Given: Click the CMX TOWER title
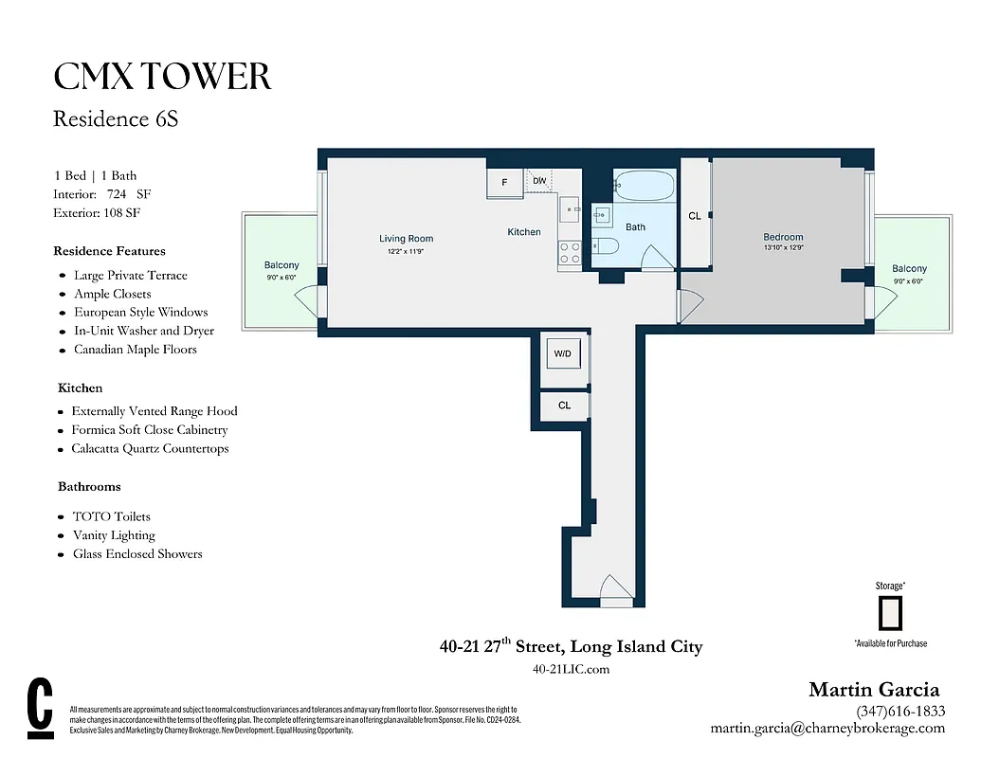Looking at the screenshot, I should tap(162, 77).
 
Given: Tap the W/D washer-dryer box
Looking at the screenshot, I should tap(563, 354).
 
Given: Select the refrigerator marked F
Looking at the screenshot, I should tap(504, 181).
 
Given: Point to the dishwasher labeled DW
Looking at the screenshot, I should tap(538, 180).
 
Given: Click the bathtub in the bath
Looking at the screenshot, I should tap(644, 185).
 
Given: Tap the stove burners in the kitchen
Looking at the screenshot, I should tap(570, 252).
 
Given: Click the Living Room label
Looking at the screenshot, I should tap(406, 239).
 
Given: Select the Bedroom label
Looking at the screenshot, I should tap(783, 237).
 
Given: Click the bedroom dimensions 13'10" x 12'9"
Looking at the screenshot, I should tap(783, 248).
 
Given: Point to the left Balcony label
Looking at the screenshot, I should tap(282, 265).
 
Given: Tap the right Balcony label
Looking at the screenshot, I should tap(909, 269).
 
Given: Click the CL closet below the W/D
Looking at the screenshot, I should tap(564, 406).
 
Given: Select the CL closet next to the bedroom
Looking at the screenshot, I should tap(695, 216).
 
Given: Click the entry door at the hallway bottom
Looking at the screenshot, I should tap(616, 595).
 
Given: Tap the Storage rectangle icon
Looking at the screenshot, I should tap(889, 613).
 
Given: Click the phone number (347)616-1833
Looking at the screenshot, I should tap(899, 712).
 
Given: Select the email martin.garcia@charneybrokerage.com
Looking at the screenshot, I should tap(827, 729).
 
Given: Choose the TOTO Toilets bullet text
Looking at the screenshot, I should tap(111, 516).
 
